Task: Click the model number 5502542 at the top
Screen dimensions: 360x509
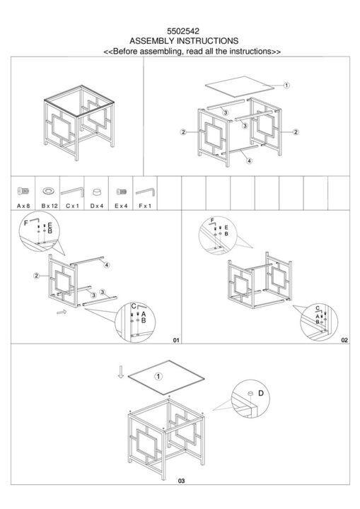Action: pyautogui.click(x=183, y=31)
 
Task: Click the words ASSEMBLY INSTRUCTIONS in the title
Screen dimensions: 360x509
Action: pyautogui.click(x=184, y=41)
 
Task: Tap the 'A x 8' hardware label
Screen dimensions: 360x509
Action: pyautogui.click(x=23, y=206)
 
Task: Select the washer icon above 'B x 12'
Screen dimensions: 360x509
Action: pyautogui.click(x=48, y=191)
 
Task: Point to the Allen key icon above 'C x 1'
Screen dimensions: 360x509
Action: pyautogui.click(x=72, y=191)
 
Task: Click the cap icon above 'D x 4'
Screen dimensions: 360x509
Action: pyautogui.click(x=96, y=192)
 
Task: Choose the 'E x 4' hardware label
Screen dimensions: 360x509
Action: pyautogui.click(x=121, y=206)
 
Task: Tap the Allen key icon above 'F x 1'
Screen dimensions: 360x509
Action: pyautogui.click(x=145, y=192)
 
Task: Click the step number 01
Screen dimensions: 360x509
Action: pyautogui.click(x=176, y=340)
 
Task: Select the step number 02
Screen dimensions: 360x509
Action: pyautogui.click(x=344, y=340)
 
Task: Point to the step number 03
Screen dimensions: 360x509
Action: pyautogui.click(x=181, y=481)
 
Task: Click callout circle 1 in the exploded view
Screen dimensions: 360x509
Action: pyautogui.click(x=286, y=86)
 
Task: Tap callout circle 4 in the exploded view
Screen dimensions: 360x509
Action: pyautogui.click(x=249, y=160)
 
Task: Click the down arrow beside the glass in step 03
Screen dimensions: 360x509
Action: pyautogui.click(x=121, y=372)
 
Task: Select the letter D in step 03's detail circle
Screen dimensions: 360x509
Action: pyautogui.click(x=261, y=393)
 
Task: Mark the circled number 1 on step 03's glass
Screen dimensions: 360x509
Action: pyautogui.click(x=158, y=377)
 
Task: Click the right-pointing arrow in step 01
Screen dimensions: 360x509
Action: pyautogui.click(x=62, y=312)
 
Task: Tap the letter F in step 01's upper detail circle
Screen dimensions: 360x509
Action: pyautogui.click(x=26, y=223)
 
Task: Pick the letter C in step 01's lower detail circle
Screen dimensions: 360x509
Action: pyautogui.click(x=134, y=306)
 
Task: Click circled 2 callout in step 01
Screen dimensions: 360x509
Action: pyautogui.click(x=36, y=276)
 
